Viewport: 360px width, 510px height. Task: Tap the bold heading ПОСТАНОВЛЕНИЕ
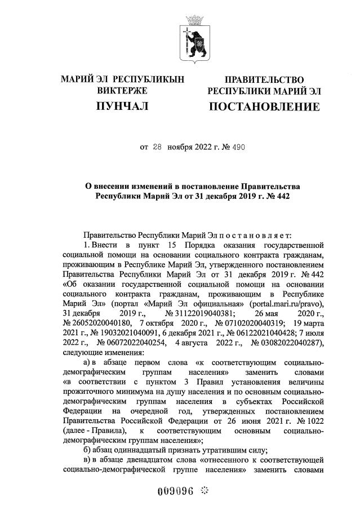click(264, 107)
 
